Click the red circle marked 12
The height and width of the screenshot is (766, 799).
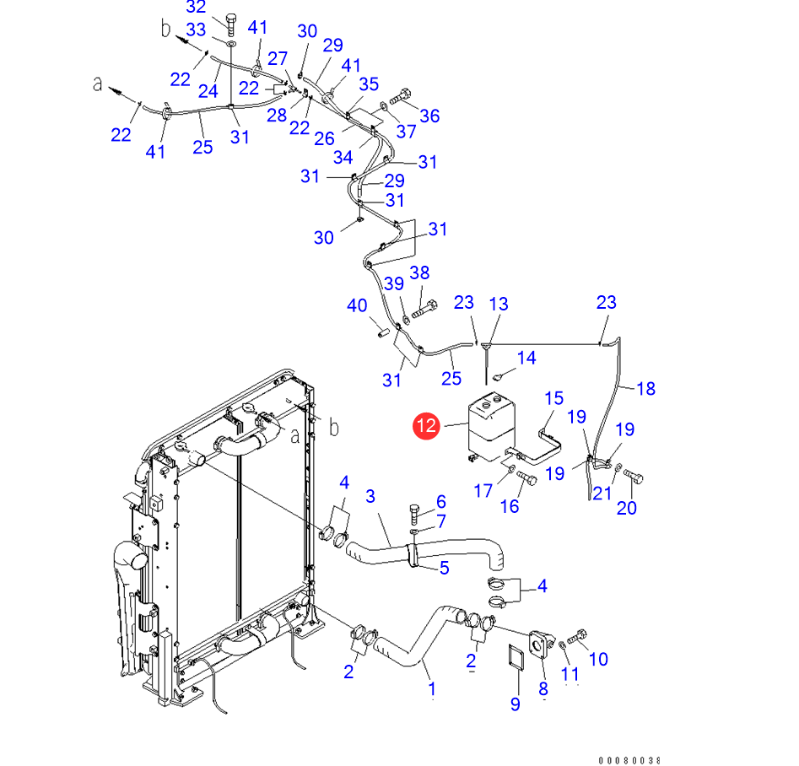tap(427, 426)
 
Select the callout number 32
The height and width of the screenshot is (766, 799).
tap(196, 8)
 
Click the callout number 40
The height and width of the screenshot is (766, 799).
tap(357, 305)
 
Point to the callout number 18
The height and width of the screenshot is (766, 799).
tap(645, 388)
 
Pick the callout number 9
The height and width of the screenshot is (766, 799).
tap(514, 704)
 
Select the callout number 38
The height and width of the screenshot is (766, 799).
tap(420, 272)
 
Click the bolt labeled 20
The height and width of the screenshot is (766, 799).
tap(634, 478)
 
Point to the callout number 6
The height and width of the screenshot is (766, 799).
tap(440, 502)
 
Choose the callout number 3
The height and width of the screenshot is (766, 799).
tap(370, 496)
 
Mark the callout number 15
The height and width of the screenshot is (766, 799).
tap(553, 397)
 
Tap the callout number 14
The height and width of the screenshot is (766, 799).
tap(526, 359)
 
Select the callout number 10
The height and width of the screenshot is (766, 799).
tap(597, 659)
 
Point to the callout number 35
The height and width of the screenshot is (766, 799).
tap(369, 84)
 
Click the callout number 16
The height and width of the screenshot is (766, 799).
tap(510, 505)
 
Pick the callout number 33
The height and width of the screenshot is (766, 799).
tap(196, 30)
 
